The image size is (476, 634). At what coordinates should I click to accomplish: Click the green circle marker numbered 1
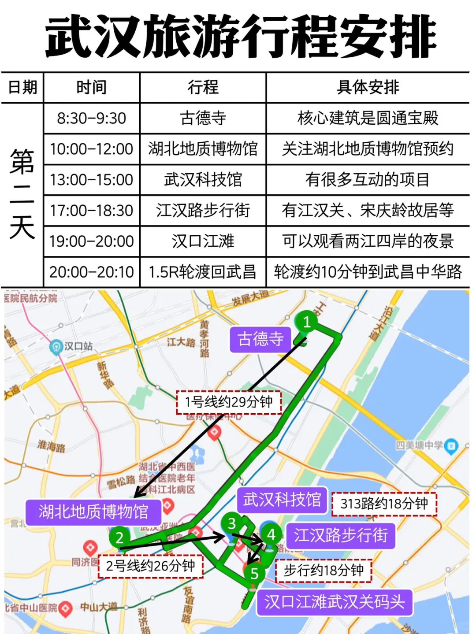307,322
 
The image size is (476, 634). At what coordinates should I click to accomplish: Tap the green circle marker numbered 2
119,538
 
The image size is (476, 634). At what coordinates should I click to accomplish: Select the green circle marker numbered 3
232,523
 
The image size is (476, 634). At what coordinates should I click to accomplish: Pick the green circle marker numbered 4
271,534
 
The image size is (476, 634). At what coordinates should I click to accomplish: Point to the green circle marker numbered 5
254,573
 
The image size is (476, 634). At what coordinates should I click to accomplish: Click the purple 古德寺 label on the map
260,339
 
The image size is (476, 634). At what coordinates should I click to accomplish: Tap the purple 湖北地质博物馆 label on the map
93,512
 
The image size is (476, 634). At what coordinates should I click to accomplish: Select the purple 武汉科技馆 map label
282,500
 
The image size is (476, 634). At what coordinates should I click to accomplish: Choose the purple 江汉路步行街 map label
341,535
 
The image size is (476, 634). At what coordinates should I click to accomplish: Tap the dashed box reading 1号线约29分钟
229,402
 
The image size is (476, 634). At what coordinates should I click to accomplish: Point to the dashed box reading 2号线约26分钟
150,566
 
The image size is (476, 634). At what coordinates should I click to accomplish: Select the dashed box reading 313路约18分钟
384,504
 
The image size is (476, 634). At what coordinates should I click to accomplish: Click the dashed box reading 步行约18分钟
324,571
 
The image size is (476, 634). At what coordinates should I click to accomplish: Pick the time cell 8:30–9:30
91,118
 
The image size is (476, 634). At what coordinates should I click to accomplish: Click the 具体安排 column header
368,87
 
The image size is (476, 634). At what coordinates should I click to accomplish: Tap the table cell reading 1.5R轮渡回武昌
203,272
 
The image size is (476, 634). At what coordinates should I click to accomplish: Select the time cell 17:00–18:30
91,211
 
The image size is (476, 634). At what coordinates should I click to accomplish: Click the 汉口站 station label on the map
78,346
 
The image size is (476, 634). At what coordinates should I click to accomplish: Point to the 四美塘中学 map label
419,445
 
